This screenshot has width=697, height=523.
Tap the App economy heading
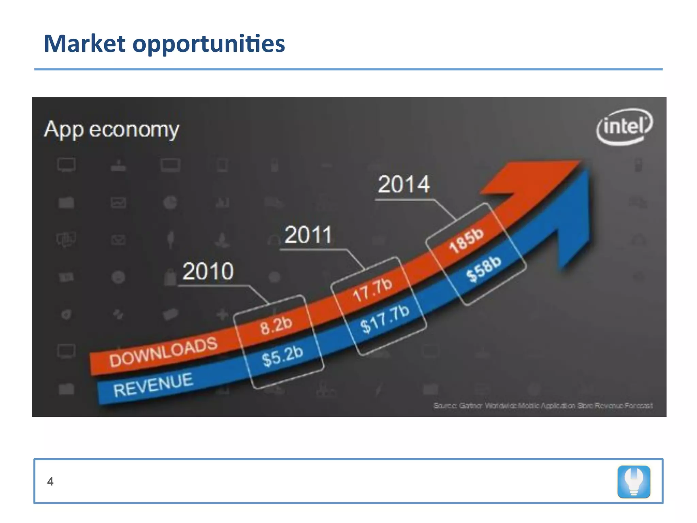[x=111, y=129]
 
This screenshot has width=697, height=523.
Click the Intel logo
[x=624, y=127]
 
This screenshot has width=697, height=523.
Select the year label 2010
[x=208, y=271]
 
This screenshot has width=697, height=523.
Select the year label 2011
[x=308, y=235]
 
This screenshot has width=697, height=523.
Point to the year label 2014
[x=404, y=185]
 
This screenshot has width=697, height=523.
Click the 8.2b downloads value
[x=276, y=325]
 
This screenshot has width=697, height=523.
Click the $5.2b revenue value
[x=282, y=356]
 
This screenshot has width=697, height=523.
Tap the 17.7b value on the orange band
[x=372, y=290]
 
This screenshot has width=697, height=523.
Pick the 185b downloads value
[x=466, y=240]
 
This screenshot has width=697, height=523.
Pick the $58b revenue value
[x=484, y=268]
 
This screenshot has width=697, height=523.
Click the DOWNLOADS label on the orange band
[x=163, y=352]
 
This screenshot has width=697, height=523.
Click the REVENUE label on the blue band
[x=153, y=385]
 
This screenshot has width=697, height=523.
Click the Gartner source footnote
[x=543, y=406]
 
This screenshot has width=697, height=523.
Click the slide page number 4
[x=50, y=481]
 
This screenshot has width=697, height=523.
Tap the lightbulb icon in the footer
[x=634, y=481]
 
